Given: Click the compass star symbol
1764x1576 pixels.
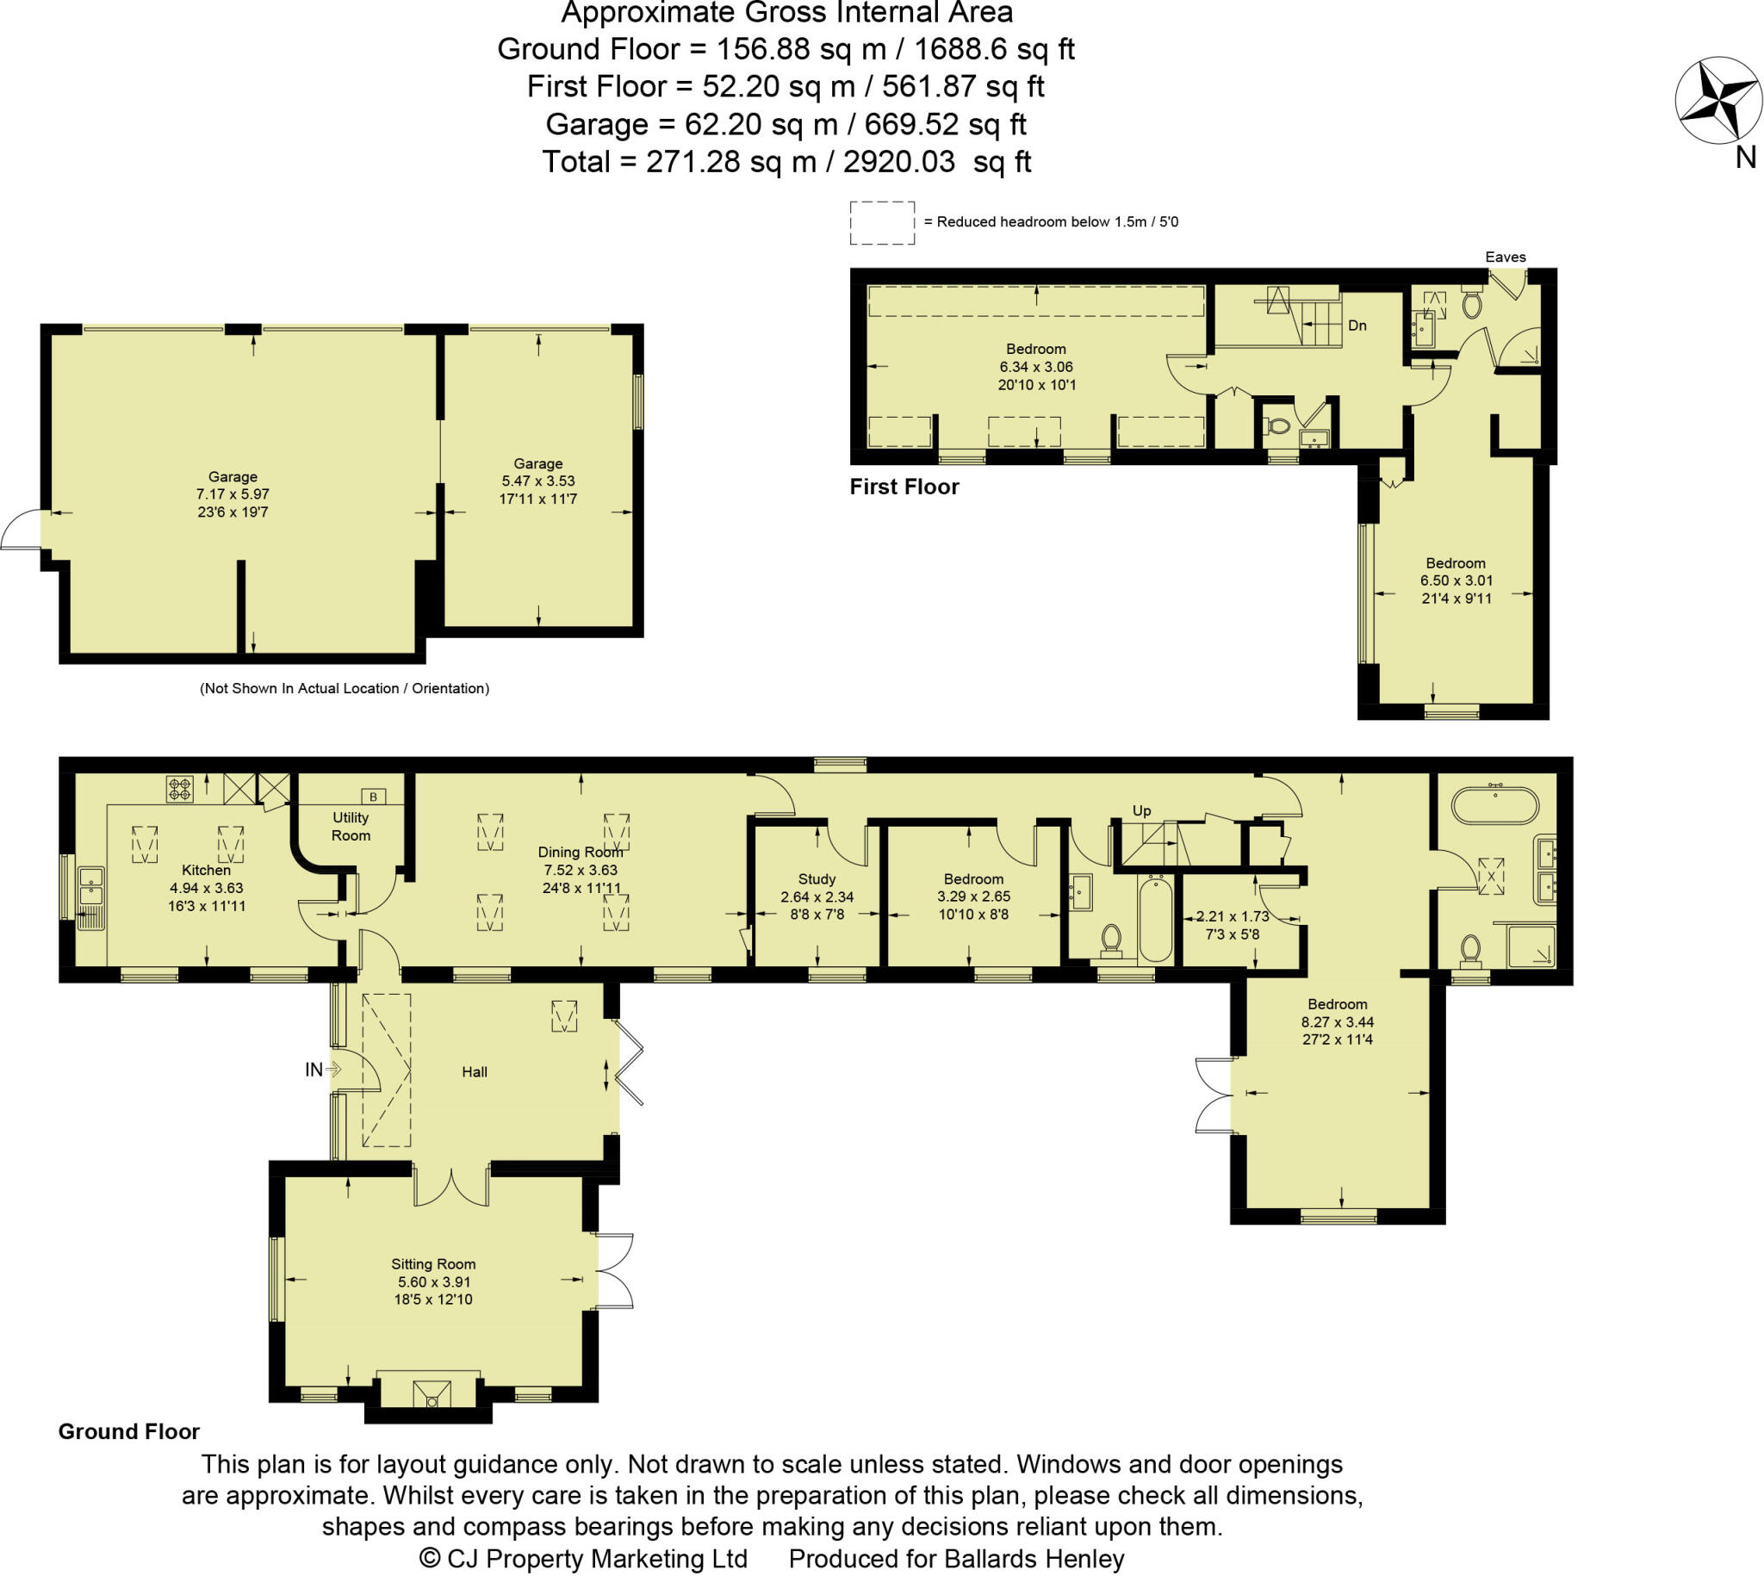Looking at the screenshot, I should tap(1718, 101).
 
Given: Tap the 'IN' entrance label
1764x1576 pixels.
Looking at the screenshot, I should tap(314, 1070).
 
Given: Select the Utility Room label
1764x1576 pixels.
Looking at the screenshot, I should tap(351, 826).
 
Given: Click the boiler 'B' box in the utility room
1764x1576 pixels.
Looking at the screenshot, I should tap(373, 796).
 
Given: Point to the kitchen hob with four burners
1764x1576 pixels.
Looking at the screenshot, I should tap(180, 789).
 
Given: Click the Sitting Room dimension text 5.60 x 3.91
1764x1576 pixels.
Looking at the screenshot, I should tap(432, 1281).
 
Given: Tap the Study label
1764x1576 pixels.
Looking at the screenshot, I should tap(817, 879).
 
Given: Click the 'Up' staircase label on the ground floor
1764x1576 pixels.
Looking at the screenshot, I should tap(1141, 810).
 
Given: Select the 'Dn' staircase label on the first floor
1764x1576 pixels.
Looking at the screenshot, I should tap(1357, 326).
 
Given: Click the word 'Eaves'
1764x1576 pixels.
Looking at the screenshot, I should tap(1505, 257).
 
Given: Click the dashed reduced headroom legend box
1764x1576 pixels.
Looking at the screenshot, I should tap(881, 222).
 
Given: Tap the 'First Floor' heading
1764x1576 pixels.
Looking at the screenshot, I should tap(904, 487).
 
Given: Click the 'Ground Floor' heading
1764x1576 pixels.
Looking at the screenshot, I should tap(129, 1431).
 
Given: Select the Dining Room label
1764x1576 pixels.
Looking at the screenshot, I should tap(580, 852).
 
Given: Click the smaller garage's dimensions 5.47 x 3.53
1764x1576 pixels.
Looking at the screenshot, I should tap(537, 481).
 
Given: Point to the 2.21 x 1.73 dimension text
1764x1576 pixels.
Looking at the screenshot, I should tap(1233, 916).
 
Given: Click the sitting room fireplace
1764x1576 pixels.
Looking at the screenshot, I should tap(431, 1394).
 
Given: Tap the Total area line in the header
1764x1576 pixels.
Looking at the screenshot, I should tap(786, 162).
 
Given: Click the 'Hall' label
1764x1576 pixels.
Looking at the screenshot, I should tap(475, 1072).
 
